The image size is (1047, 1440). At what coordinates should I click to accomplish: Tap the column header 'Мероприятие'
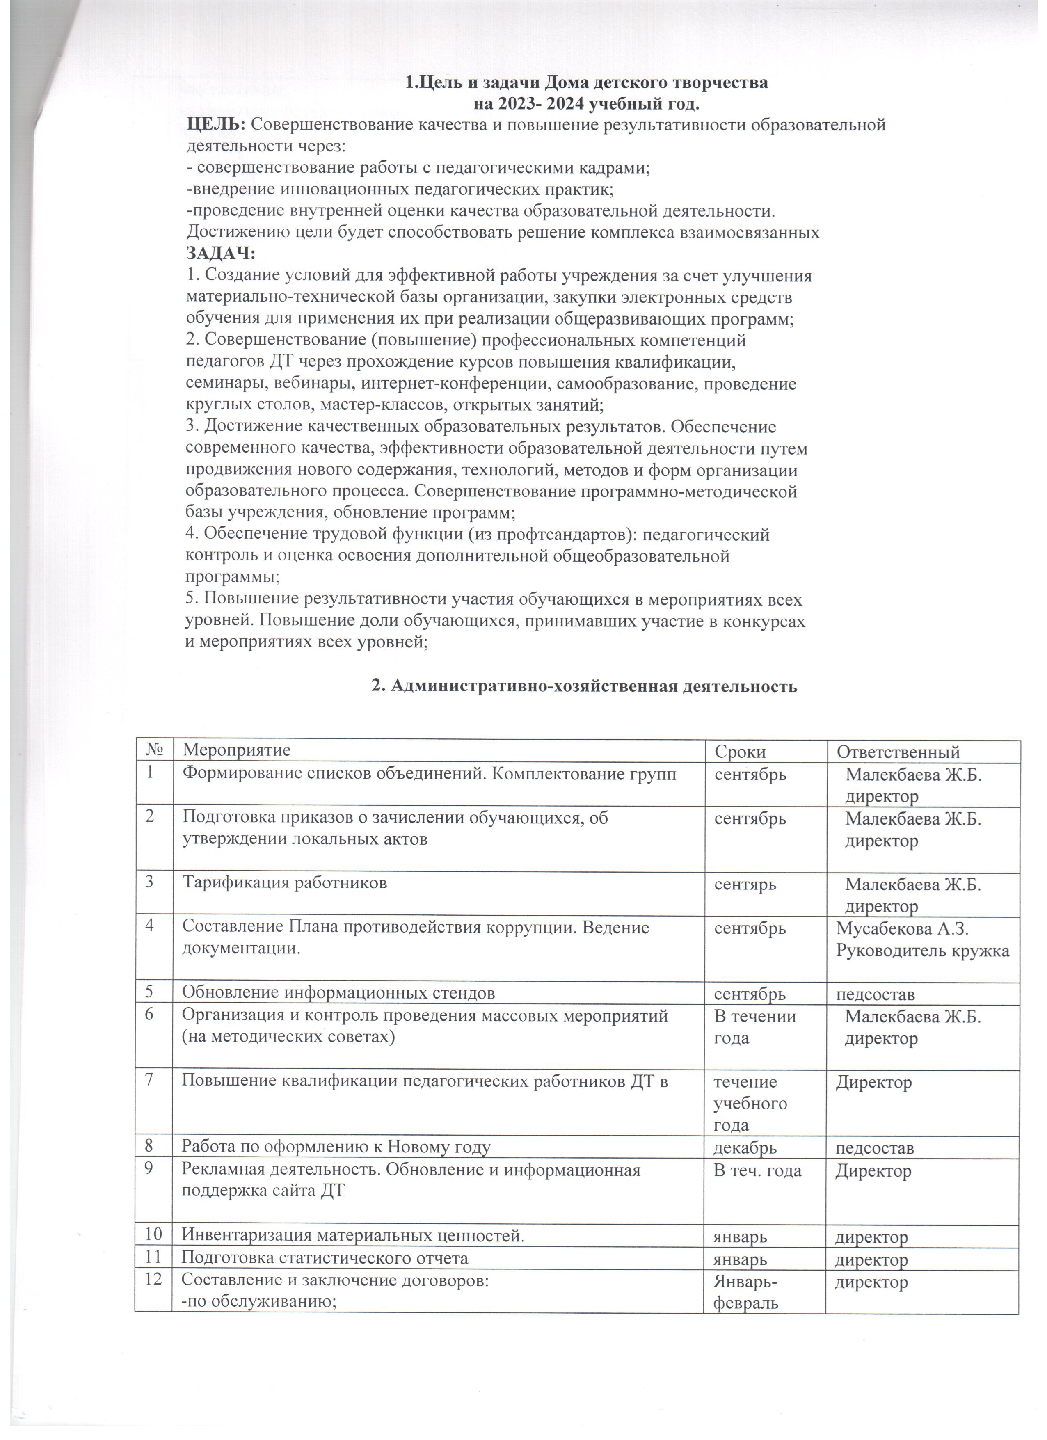(236, 750)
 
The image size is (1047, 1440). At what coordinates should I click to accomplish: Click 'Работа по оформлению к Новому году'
(336, 1147)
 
